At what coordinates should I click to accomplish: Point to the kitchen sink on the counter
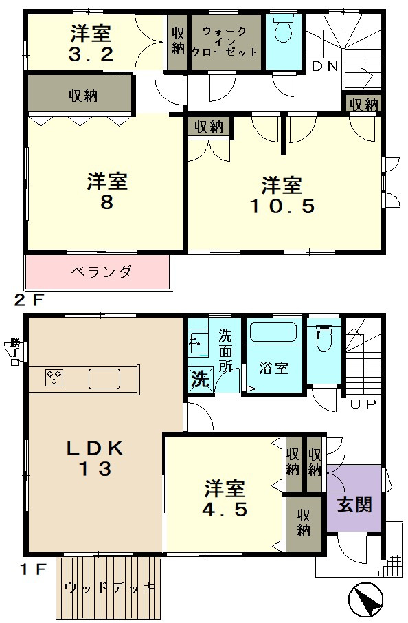pyautogui.click(x=104, y=378)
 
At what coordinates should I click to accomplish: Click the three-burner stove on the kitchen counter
pyautogui.click(x=55, y=378)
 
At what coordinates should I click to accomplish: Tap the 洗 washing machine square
pyautogui.click(x=201, y=380)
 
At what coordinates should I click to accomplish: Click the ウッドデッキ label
pyautogui.click(x=109, y=588)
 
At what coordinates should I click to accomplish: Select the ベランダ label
pyautogui.click(x=101, y=272)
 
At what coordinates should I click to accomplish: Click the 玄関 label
pyautogui.click(x=354, y=504)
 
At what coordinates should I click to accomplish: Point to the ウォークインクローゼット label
pyautogui.click(x=225, y=41)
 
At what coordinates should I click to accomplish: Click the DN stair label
pyautogui.click(x=325, y=66)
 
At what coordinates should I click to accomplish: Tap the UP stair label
pyautogui.click(x=363, y=404)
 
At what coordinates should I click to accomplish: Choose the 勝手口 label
pyautogui.click(x=16, y=351)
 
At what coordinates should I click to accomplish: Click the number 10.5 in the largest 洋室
pyautogui.click(x=282, y=206)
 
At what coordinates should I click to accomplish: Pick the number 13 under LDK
pyautogui.click(x=95, y=469)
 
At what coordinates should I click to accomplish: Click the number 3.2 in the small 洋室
pyautogui.click(x=91, y=54)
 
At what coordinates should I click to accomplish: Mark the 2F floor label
pyautogui.click(x=27, y=300)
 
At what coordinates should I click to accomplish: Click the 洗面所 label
pyautogui.click(x=225, y=351)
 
